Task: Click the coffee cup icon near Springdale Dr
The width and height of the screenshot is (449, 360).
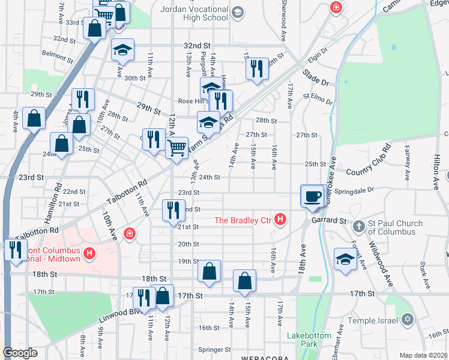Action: pos(312,196)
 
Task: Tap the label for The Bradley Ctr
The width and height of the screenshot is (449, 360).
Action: pos(244,220)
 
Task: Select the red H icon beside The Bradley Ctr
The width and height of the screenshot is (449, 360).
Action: pos(280,221)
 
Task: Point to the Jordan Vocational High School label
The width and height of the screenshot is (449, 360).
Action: pos(194,13)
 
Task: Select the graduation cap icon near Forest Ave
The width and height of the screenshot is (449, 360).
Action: pos(345,259)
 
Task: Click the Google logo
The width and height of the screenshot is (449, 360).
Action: pos(20,353)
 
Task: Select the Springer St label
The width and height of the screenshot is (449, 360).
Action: pos(215,349)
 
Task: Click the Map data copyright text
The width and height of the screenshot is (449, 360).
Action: pos(423,355)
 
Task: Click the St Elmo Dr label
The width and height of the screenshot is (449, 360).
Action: pos(318,95)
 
